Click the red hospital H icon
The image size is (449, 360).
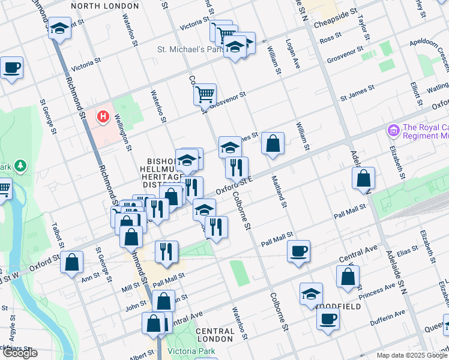(103, 116)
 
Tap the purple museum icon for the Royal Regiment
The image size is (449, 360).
(394, 130)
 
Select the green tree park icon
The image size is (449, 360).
(20, 164)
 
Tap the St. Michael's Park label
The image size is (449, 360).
(190, 49)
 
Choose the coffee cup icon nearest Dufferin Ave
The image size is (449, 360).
(328, 319)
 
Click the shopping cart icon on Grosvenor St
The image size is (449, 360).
(205, 94)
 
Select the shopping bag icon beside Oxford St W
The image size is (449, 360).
(72, 262)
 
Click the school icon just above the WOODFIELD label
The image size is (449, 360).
(311, 293)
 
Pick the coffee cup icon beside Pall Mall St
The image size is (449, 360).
(298, 250)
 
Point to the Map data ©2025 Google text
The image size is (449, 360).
(412, 355)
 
